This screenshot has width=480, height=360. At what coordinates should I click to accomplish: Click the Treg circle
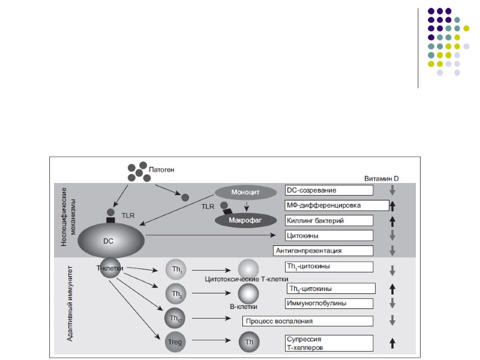click(x=175, y=341)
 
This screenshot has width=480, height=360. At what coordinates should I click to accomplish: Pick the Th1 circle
click(x=175, y=269)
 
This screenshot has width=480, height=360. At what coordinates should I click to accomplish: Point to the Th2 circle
click(x=175, y=293)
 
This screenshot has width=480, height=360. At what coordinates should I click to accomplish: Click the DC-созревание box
click(x=329, y=190)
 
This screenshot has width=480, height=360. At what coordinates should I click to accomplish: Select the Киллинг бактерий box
click(x=329, y=220)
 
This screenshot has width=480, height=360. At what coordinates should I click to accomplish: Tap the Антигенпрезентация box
click(x=323, y=250)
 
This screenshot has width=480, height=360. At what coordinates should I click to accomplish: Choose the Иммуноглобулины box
click(x=329, y=303)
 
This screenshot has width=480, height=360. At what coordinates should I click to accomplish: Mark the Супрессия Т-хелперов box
click(x=329, y=343)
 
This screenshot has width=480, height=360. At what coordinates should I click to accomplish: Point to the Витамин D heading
click(x=381, y=179)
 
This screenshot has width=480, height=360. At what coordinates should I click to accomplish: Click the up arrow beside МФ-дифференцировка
click(x=392, y=206)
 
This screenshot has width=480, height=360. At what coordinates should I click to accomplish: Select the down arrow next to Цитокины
click(x=392, y=236)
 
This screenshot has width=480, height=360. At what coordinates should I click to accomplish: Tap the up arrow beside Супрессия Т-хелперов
click(x=392, y=343)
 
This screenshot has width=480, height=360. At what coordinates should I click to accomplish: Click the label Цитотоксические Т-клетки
click(x=247, y=279)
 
